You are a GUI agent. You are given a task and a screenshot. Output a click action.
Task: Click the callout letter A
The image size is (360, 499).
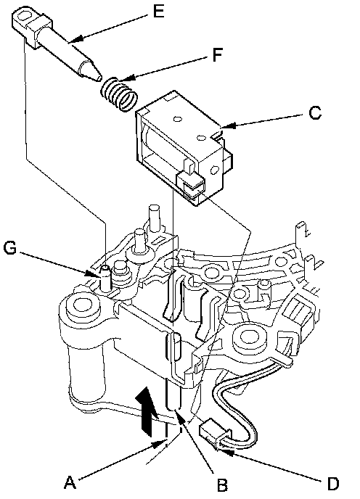[x=70, y=482]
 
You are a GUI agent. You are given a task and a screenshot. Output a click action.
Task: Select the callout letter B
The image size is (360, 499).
[x=222, y=484]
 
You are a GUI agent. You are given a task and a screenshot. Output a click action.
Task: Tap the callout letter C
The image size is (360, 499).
[x=315, y=112]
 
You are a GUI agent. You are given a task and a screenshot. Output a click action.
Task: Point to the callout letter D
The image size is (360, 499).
[x=333, y=484]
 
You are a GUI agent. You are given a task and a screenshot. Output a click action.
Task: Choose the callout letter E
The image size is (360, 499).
[x=158, y=12]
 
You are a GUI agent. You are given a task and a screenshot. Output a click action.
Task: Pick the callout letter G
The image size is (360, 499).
[x=10, y=247]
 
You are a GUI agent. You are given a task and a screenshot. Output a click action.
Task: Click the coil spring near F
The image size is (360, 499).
[x=118, y=95]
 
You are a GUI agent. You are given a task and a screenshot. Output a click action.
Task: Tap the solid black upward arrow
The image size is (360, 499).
[x=147, y=411]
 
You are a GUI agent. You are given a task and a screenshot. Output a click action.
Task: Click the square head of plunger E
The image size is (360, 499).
[x=31, y=26]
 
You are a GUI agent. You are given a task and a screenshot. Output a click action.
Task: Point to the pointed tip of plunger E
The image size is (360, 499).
[x=99, y=77]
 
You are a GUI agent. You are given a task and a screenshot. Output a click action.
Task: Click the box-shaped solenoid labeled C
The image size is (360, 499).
[x=184, y=148]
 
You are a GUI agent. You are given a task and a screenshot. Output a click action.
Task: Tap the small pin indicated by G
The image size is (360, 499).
[x=105, y=278]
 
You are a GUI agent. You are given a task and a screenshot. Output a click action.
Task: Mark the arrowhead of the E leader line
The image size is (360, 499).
[x=75, y=39]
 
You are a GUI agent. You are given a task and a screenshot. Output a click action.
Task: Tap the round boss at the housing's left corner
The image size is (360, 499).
[x=83, y=306]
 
